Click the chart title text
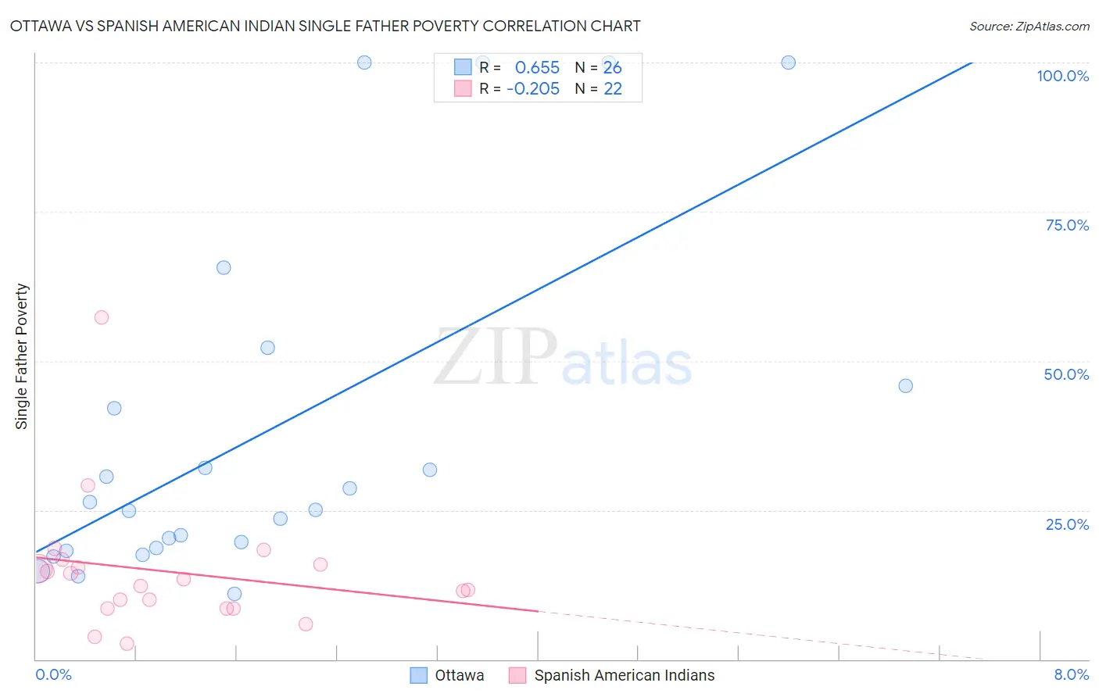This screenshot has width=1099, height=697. pyautogui.click(x=325, y=26)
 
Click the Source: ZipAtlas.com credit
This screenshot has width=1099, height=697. pyautogui.click(x=1029, y=26)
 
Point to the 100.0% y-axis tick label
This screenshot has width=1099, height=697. pyautogui.click(x=1062, y=76)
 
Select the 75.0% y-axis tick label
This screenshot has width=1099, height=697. pyautogui.click(x=1067, y=225)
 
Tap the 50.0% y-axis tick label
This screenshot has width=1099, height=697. pyautogui.click(x=1066, y=374)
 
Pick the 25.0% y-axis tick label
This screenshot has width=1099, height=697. pyautogui.click(x=1067, y=524)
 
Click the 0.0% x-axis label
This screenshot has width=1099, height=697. pyautogui.click(x=53, y=674)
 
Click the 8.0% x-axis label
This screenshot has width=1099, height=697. pyautogui.click(x=1071, y=674)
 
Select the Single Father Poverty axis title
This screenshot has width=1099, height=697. pyautogui.click(x=22, y=356)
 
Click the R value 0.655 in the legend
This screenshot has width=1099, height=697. pyautogui.click(x=537, y=68)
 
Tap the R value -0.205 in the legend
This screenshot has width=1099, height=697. pyautogui.click(x=533, y=89)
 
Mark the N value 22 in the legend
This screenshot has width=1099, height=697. pyautogui.click(x=613, y=89)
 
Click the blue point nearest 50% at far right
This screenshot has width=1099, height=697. pyautogui.click(x=905, y=385)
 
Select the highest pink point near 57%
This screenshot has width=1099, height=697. pyautogui.click(x=101, y=317)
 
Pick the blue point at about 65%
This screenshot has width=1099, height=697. pyautogui.click(x=224, y=267)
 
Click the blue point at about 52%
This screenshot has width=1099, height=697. pyautogui.click(x=267, y=348)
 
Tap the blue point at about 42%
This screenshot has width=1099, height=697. pyautogui.click(x=114, y=408)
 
